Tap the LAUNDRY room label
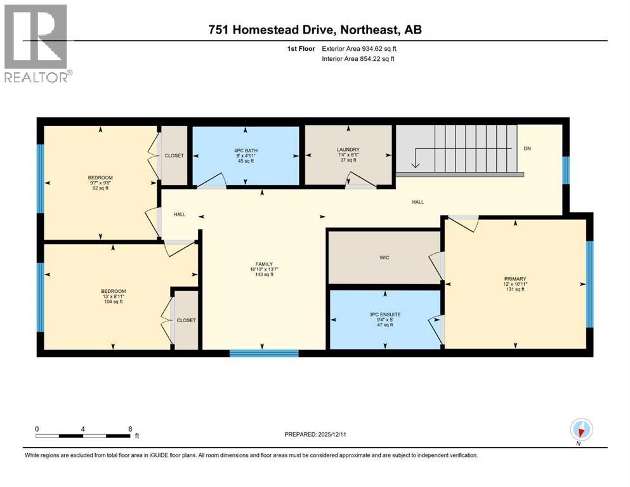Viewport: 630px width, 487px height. pyautogui.click(x=348, y=150)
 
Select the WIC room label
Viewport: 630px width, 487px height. pyautogui.click(x=384, y=257)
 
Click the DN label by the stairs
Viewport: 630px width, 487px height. pyautogui.click(x=527, y=149)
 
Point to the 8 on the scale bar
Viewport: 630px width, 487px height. pyautogui.click(x=130, y=428)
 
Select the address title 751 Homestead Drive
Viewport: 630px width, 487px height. pyautogui.click(x=315, y=30)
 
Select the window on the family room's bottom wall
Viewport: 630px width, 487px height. pyautogui.click(x=263, y=353)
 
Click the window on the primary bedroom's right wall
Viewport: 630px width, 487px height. pyautogui.click(x=589, y=283)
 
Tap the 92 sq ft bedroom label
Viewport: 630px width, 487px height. pyautogui.click(x=100, y=188)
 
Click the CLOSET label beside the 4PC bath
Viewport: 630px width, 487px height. pyautogui.click(x=174, y=155)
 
